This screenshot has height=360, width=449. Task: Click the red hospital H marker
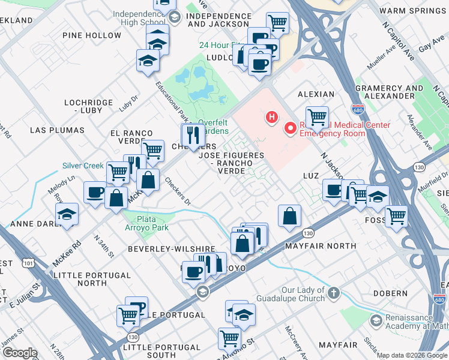[x=273, y=116]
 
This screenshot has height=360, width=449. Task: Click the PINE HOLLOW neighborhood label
[x=92, y=35]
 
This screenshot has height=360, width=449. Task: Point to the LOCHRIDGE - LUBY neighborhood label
[x=88, y=107]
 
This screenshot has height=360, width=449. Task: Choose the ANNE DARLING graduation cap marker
[x=67, y=215]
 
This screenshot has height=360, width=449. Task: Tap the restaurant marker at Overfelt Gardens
[x=193, y=136]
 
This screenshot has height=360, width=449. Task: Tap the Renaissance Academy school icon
[x=376, y=320]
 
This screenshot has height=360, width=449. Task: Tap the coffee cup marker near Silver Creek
[x=95, y=193]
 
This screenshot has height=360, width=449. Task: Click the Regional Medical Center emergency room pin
[x=291, y=128]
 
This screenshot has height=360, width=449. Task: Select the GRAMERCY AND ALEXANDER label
[x=389, y=92]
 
